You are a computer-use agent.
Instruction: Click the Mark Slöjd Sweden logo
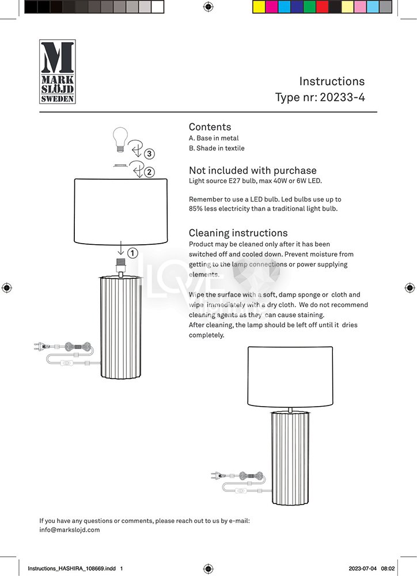click(57, 71)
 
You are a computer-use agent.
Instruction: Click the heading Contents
click(210, 127)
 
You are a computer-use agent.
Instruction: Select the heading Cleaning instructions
click(238, 233)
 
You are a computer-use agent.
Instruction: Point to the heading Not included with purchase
click(252, 170)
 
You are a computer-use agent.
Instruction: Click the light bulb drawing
click(120, 139)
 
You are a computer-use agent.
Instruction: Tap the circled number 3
click(149, 154)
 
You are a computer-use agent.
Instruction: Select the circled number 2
click(149, 172)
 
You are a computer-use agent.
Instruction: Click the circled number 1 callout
click(132, 252)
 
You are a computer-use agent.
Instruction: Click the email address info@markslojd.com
click(70, 529)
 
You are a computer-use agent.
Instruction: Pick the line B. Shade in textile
click(217, 148)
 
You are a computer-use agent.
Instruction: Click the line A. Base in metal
click(214, 138)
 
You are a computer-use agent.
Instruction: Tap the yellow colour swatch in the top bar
click(259, 7)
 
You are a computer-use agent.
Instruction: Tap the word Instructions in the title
click(332, 81)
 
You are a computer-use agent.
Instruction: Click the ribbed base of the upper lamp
click(121, 327)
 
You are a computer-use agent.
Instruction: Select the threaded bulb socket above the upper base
click(121, 266)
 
